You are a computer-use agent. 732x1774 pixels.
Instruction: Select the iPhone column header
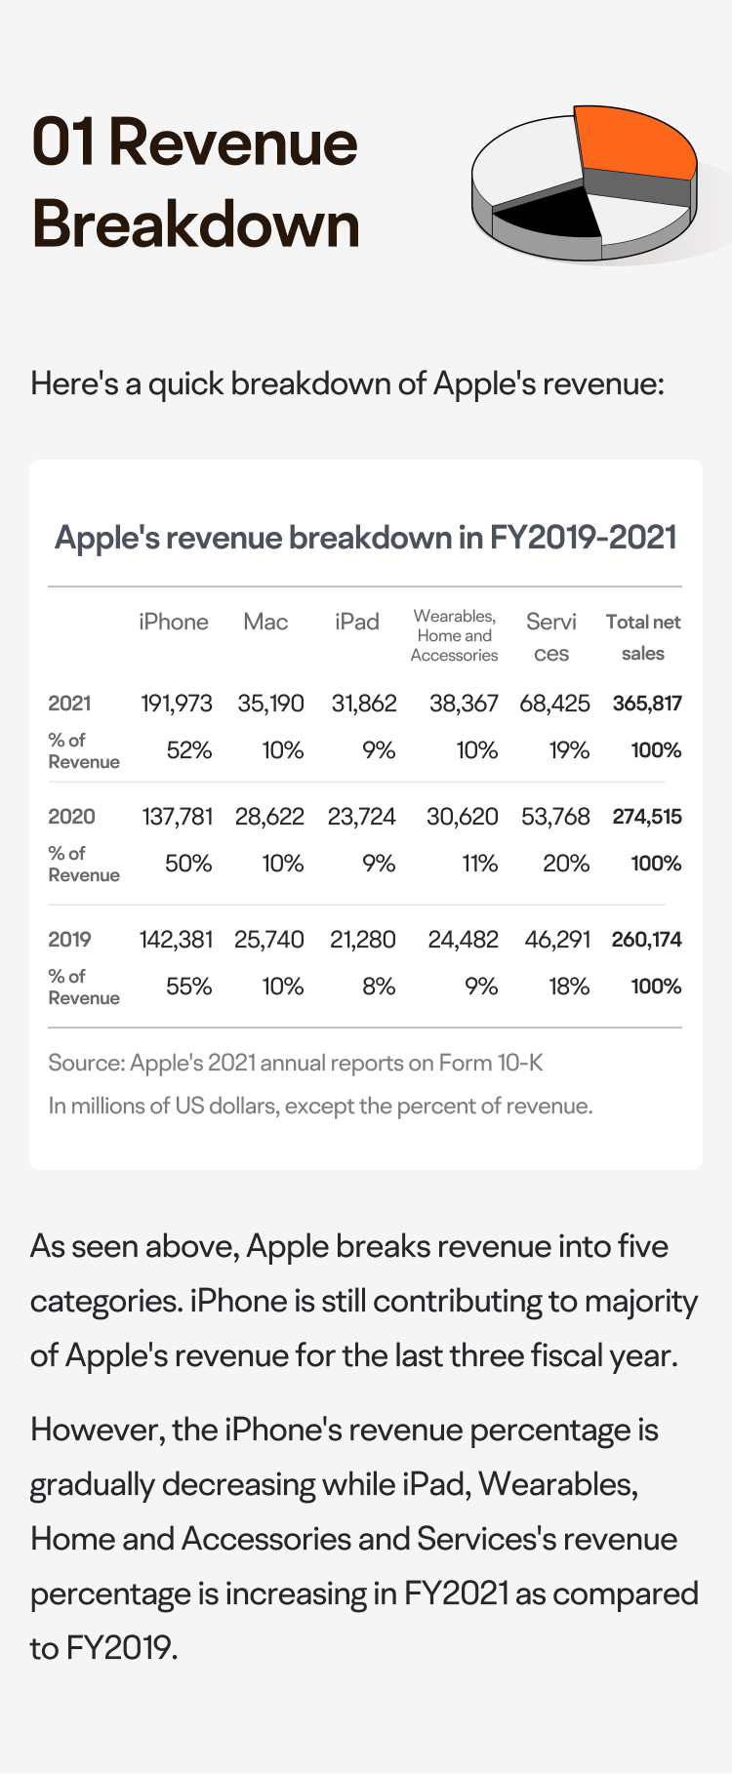[174, 622]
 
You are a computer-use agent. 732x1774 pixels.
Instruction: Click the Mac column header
[265, 622]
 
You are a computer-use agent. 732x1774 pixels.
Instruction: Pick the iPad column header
[356, 622]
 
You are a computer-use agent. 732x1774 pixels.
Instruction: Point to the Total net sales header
[643, 637]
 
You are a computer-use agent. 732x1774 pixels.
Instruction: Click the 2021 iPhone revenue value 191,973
[177, 704]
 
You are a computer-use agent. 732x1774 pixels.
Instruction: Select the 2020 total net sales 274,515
[647, 817]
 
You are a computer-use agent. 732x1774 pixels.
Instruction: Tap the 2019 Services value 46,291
[557, 940]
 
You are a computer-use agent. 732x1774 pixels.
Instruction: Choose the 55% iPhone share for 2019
[189, 987]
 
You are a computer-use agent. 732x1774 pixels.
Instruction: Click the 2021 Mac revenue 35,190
[271, 704]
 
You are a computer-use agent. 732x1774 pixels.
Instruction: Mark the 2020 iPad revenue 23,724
[362, 817]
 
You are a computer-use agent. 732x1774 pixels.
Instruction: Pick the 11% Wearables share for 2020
[480, 864]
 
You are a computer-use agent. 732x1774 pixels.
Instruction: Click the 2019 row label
[69, 940]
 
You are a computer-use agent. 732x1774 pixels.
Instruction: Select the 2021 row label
[69, 704]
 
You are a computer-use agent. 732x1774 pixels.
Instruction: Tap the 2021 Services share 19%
[569, 750]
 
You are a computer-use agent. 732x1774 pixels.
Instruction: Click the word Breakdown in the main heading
[196, 224]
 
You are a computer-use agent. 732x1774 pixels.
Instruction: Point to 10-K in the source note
[520, 1063]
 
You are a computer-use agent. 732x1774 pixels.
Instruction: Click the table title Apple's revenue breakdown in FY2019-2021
[366, 538]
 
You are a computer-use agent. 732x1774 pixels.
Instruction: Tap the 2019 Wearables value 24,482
[464, 940]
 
